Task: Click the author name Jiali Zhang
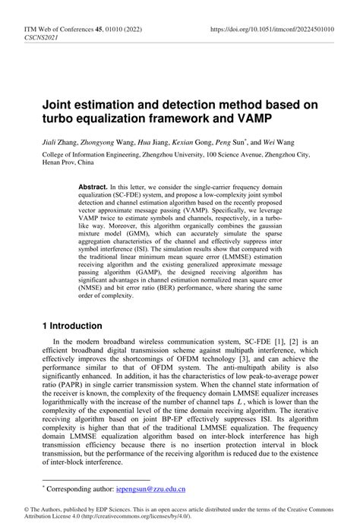[61, 141]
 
